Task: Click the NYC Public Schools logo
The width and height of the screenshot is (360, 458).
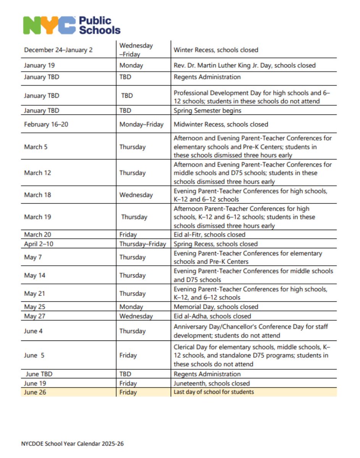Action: (72, 25)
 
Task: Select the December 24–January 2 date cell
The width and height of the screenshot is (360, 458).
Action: (58, 50)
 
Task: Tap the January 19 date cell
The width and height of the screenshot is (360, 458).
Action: (39, 65)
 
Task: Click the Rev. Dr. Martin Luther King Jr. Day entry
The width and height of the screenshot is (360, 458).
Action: (244, 65)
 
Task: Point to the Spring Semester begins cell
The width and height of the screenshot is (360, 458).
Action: (207, 111)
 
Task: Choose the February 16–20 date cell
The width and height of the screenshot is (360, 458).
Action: (46, 124)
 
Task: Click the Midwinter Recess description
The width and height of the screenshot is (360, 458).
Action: (221, 124)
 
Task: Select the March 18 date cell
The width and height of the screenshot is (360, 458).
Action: (37, 195)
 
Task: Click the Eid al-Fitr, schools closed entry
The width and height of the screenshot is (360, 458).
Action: (209, 235)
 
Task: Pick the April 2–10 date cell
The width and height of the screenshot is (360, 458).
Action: (39, 244)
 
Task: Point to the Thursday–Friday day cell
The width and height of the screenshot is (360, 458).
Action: (143, 244)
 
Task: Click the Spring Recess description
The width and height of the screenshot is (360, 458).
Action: (215, 244)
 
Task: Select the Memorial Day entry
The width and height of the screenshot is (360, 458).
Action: (216, 307)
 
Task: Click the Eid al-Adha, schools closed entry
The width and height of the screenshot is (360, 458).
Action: (212, 316)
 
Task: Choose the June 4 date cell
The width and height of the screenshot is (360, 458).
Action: (33, 331)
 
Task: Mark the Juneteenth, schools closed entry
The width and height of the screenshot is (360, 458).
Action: (211, 383)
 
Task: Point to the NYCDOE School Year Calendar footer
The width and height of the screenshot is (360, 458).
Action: (73, 444)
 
